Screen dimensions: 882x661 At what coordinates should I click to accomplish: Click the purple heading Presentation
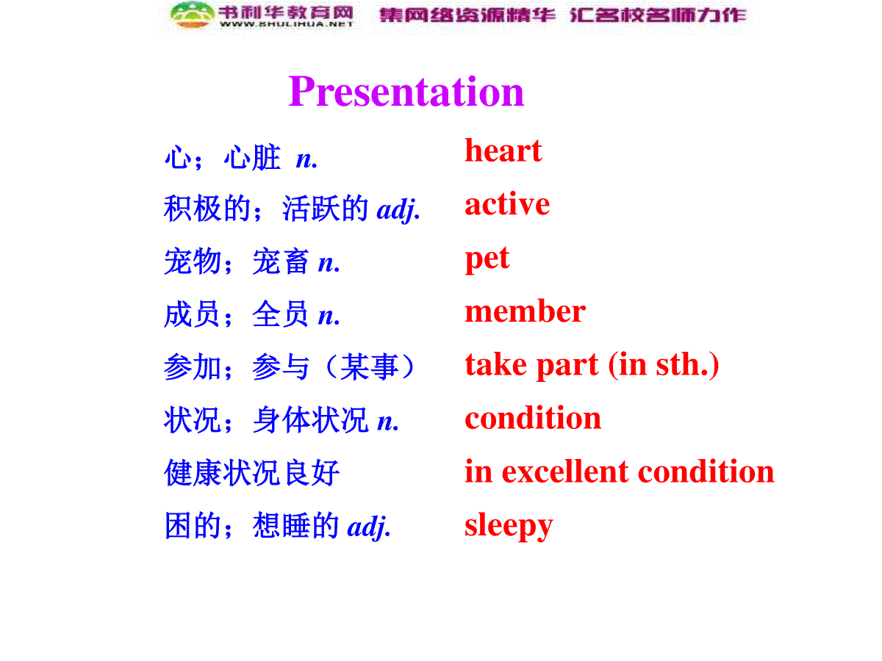[x=406, y=92]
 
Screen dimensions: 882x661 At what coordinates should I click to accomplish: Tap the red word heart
[x=503, y=151]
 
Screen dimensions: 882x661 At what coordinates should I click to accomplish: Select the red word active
[x=507, y=204]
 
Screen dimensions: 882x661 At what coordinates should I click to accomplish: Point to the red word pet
[x=487, y=259]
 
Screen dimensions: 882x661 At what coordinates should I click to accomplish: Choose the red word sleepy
[x=509, y=527]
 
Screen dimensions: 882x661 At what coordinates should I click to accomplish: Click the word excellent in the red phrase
[x=565, y=472]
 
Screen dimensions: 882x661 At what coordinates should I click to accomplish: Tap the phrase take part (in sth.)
[x=592, y=365]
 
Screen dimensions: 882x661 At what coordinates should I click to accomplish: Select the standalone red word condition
[x=533, y=418]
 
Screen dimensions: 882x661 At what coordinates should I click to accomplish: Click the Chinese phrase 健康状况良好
[x=252, y=473]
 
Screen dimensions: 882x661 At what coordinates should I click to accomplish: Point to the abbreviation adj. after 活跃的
[x=398, y=210]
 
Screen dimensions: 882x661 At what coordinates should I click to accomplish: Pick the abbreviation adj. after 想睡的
[x=368, y=527]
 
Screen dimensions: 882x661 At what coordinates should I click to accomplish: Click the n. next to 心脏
[x=306, y=159]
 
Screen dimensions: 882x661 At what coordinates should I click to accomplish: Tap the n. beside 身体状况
[x=388, y=422]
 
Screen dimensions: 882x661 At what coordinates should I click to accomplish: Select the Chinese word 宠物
[x=193, y=261]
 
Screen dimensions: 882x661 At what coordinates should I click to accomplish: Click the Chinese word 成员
[x=192, y=314]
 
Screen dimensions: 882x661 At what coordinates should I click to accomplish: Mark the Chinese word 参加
[x=193, y=367]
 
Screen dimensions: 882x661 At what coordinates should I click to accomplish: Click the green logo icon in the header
[x=192, y=15]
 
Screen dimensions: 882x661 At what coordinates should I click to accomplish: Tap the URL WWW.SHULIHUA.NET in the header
[x=287, y=24]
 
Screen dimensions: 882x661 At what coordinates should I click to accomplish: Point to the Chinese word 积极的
[x=207, y=209]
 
